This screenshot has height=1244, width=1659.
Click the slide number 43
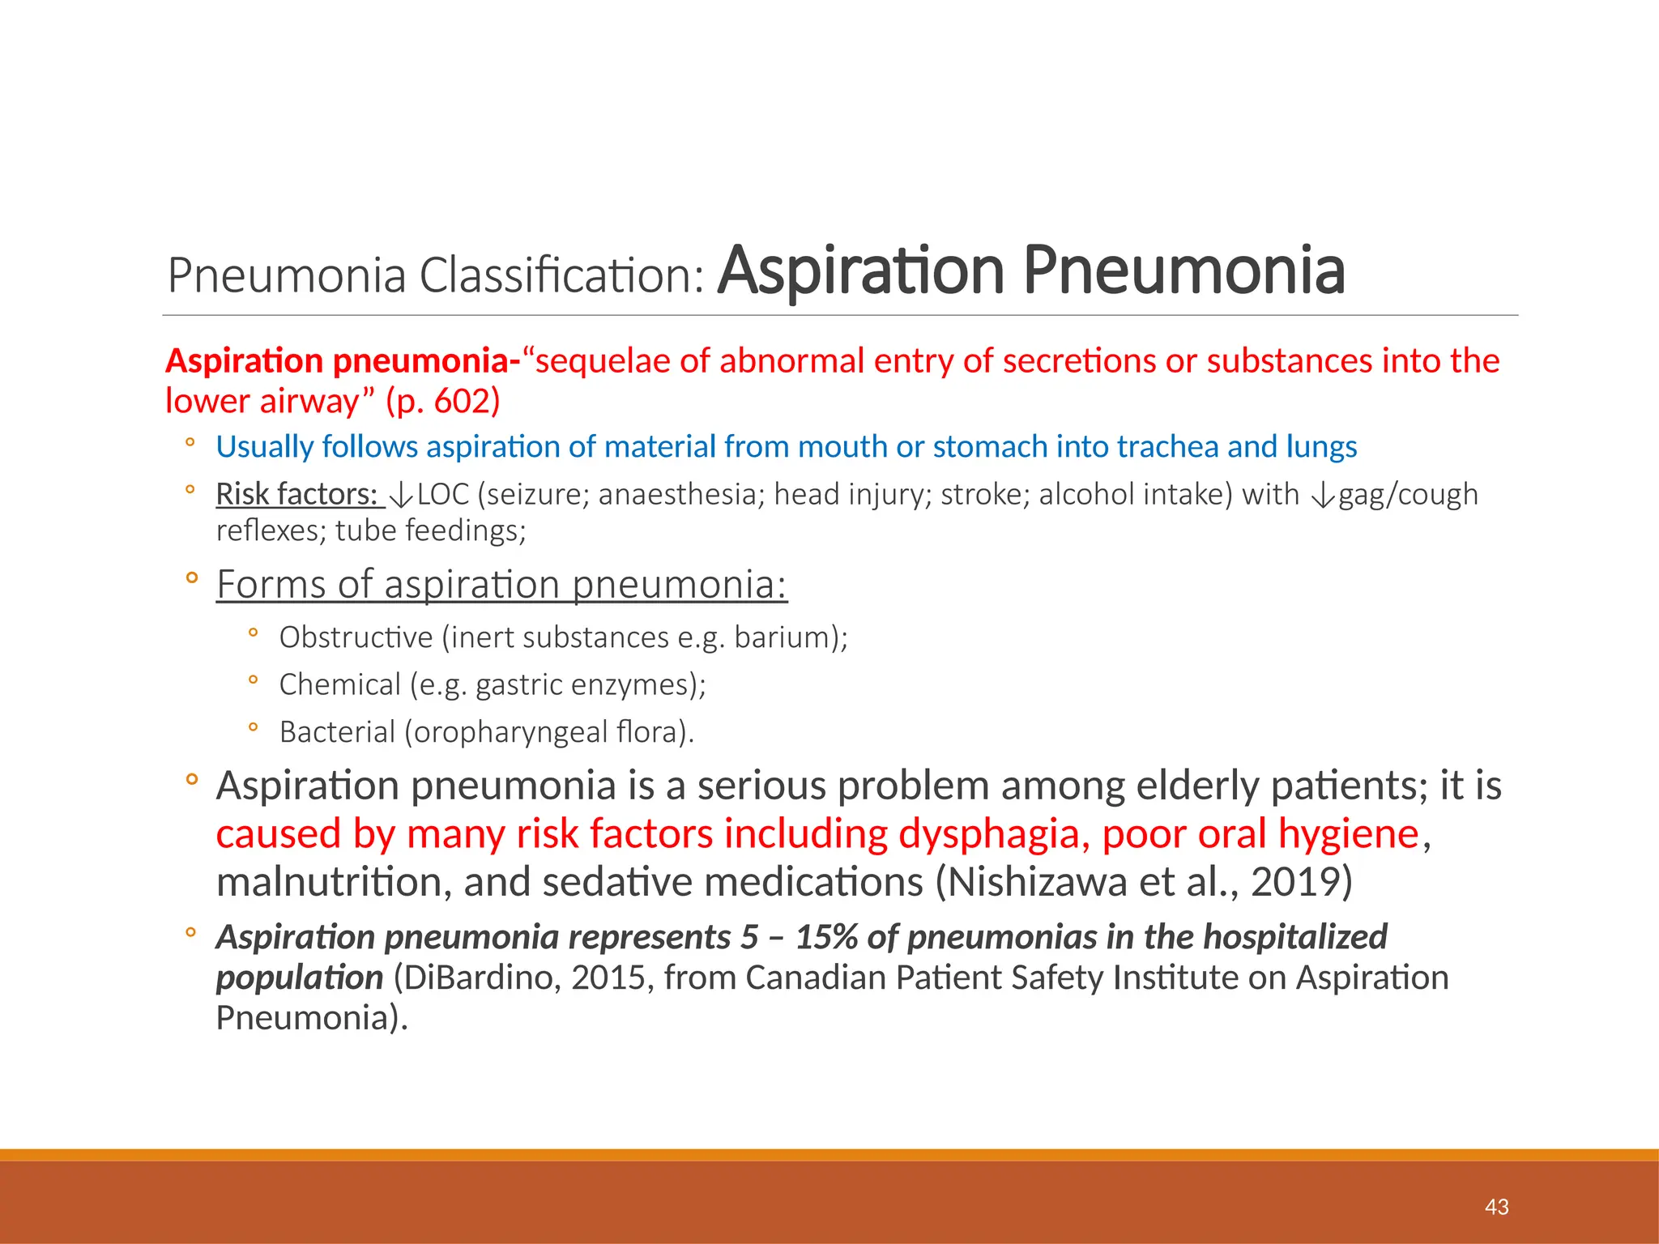1496,1207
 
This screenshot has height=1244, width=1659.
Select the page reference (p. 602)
443,401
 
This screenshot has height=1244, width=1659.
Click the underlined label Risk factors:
296,494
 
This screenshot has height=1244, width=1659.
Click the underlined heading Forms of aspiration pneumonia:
501,584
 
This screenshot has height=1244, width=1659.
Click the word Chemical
339,684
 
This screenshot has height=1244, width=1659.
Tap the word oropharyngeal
510,732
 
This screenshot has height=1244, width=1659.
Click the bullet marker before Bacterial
253,728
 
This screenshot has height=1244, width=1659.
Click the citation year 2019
1295,882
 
